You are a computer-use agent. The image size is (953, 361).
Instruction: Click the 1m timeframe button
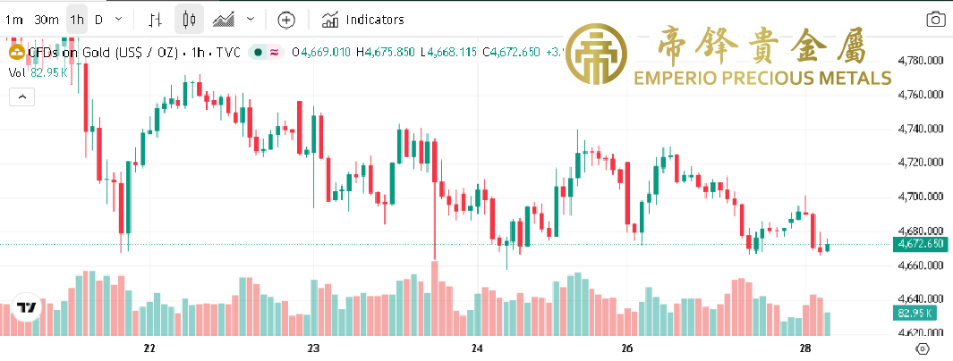(14, 20)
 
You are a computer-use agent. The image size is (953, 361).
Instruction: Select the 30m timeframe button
(47, 20)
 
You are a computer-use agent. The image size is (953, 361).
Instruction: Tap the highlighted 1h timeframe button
(77, 20)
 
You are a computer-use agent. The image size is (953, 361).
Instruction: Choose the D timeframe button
(98, 20)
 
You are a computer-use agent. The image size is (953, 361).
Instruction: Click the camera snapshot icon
(935, 20)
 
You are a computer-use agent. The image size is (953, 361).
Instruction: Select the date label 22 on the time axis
(149, 348)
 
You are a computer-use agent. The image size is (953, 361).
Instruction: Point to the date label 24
(477, 348)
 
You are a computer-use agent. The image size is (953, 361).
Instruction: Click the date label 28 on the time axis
(804, 348)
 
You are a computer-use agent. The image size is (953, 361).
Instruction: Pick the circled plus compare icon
(285, 20)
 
